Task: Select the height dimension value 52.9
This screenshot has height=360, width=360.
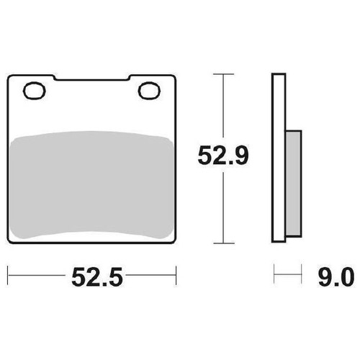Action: click(224, 156)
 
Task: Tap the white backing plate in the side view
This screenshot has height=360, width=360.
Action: click(278, 158)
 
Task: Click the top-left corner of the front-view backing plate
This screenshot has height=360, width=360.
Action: click(9, 75)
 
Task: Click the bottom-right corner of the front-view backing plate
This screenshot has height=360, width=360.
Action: click(175, 242)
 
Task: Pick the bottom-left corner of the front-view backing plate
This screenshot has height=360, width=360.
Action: click(9, 242)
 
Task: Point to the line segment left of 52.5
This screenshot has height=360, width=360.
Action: click(36, 274)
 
